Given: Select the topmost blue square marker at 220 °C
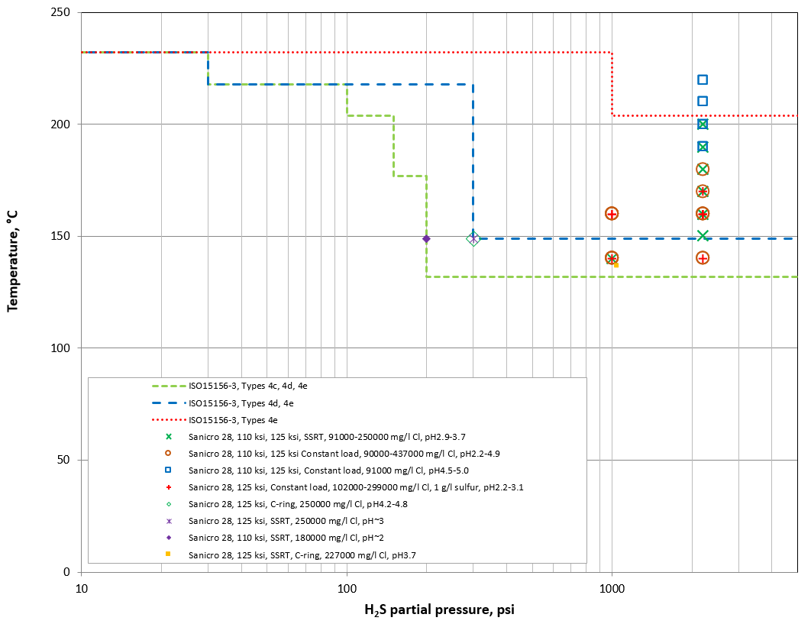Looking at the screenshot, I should [x=703, y=79].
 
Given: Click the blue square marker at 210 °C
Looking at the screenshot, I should [x=703, y=101].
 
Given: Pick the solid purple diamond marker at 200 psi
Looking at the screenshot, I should [x=426, y=239].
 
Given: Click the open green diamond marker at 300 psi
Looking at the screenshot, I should [x=473, y=238].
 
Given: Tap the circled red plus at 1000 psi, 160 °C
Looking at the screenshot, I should [x=612, y=214].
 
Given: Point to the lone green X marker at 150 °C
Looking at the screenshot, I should [x=703, y=236].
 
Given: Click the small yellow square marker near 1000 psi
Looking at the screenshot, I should [x=616, y=264].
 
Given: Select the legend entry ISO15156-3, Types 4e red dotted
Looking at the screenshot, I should [x=233, y=419].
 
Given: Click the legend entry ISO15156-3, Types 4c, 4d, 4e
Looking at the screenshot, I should [x=248, y=386].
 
